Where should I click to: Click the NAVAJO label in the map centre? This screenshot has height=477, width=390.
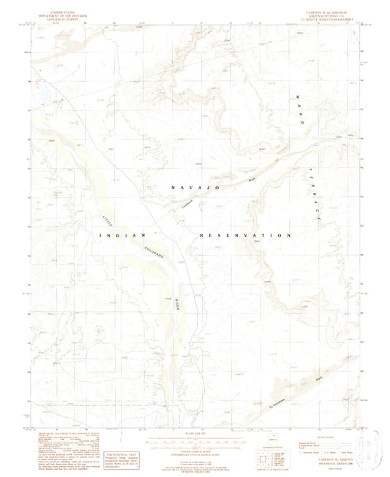(x=195, y=188)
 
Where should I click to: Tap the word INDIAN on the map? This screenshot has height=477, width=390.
(x=123, y=235)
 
